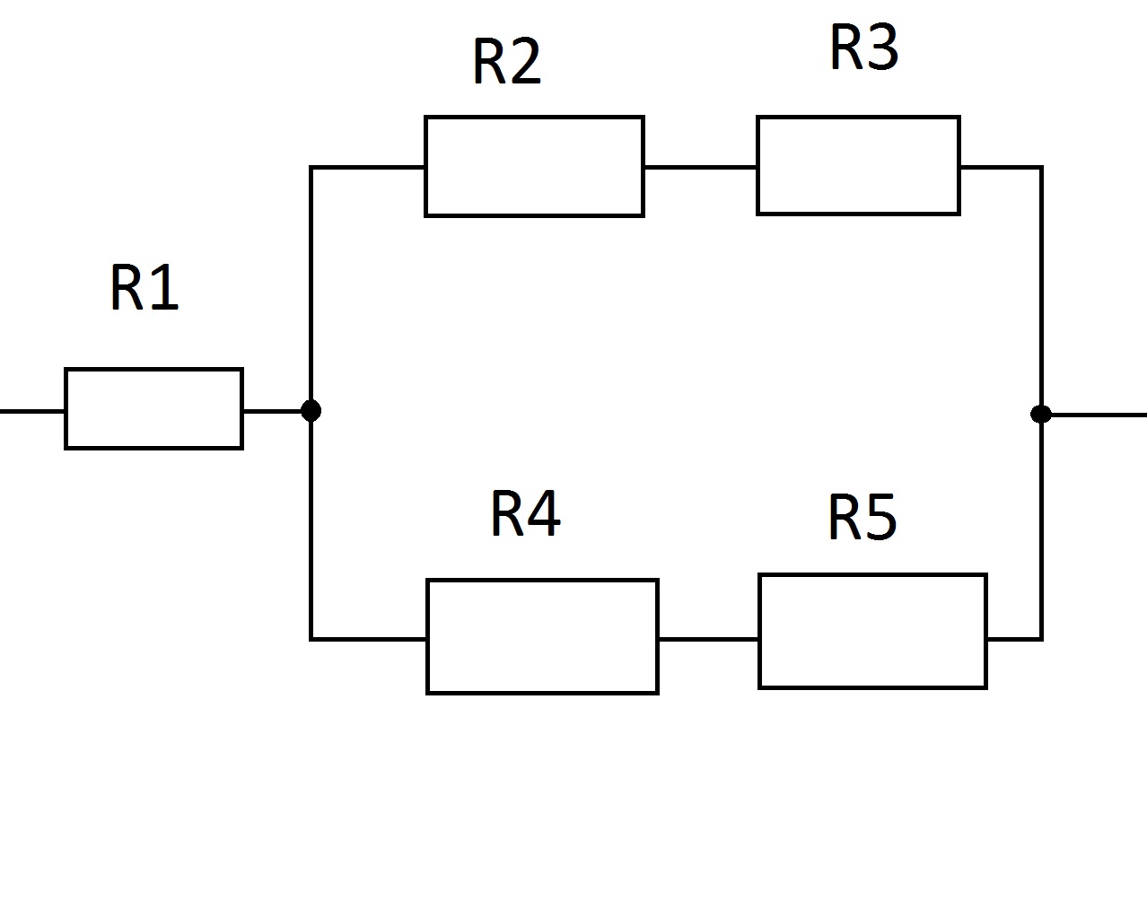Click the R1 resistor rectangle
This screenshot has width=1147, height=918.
pos(153,408)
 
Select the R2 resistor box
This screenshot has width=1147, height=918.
pos(534,166)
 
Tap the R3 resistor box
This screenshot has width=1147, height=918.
pos(858,165)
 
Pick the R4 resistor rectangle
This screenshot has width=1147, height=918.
pos(542,636)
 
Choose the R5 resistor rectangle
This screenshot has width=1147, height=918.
pos(872,632)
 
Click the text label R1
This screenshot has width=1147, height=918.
pos(144,288)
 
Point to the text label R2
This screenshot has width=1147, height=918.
pos(507,62)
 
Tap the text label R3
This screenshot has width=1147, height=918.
pos(863,48)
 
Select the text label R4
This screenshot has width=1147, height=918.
pos(525,513)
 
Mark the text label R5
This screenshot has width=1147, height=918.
pos(862,518)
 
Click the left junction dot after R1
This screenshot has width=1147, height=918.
pos(311,411)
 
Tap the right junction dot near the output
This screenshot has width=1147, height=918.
pos(1041,414)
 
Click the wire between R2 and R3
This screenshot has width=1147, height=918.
pos(700,167)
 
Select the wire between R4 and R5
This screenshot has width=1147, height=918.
pos(708,639)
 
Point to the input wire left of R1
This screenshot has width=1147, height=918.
pos(31,411)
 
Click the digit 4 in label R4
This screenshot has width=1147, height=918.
pos(544,513)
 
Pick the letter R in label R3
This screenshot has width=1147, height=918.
pos(846,48)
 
